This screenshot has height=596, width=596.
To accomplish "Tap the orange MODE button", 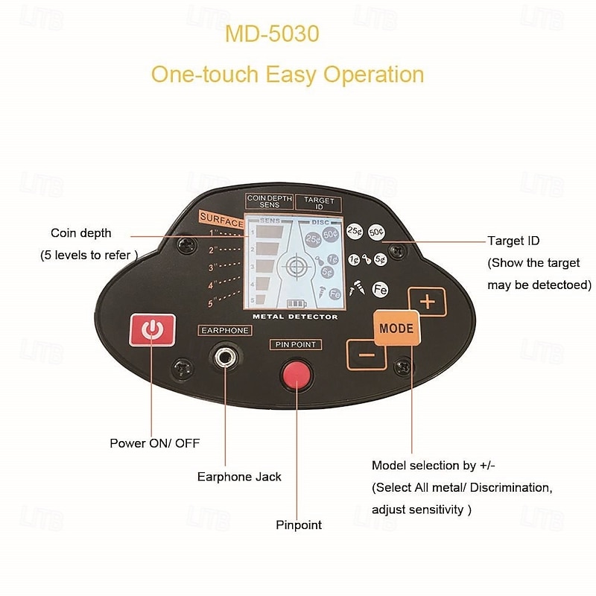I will click(396, 328).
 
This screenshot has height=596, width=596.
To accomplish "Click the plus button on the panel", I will click(427, 302).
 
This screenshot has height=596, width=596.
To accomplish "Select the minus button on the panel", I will click(367, 354).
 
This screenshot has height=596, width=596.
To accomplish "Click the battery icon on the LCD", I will click(297, 304).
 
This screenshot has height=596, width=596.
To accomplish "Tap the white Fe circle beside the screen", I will click(380, 288).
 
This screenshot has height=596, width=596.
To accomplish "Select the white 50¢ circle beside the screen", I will click(376, 231).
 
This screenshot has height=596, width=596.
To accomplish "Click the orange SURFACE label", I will click(221, 222).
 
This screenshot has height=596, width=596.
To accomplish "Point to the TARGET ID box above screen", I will click(319, 202).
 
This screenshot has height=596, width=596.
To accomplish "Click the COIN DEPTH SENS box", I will click(270, 201).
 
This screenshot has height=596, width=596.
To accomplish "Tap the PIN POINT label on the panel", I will click(296, 345).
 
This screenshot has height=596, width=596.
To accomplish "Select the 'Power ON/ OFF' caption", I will click(155, 443).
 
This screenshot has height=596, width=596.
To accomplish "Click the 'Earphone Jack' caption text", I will click(239, 477).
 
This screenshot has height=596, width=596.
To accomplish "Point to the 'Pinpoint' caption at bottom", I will click(299, 525).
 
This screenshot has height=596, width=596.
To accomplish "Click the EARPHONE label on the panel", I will click(224, 330).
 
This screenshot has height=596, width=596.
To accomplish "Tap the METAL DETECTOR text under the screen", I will click(295, 317).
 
